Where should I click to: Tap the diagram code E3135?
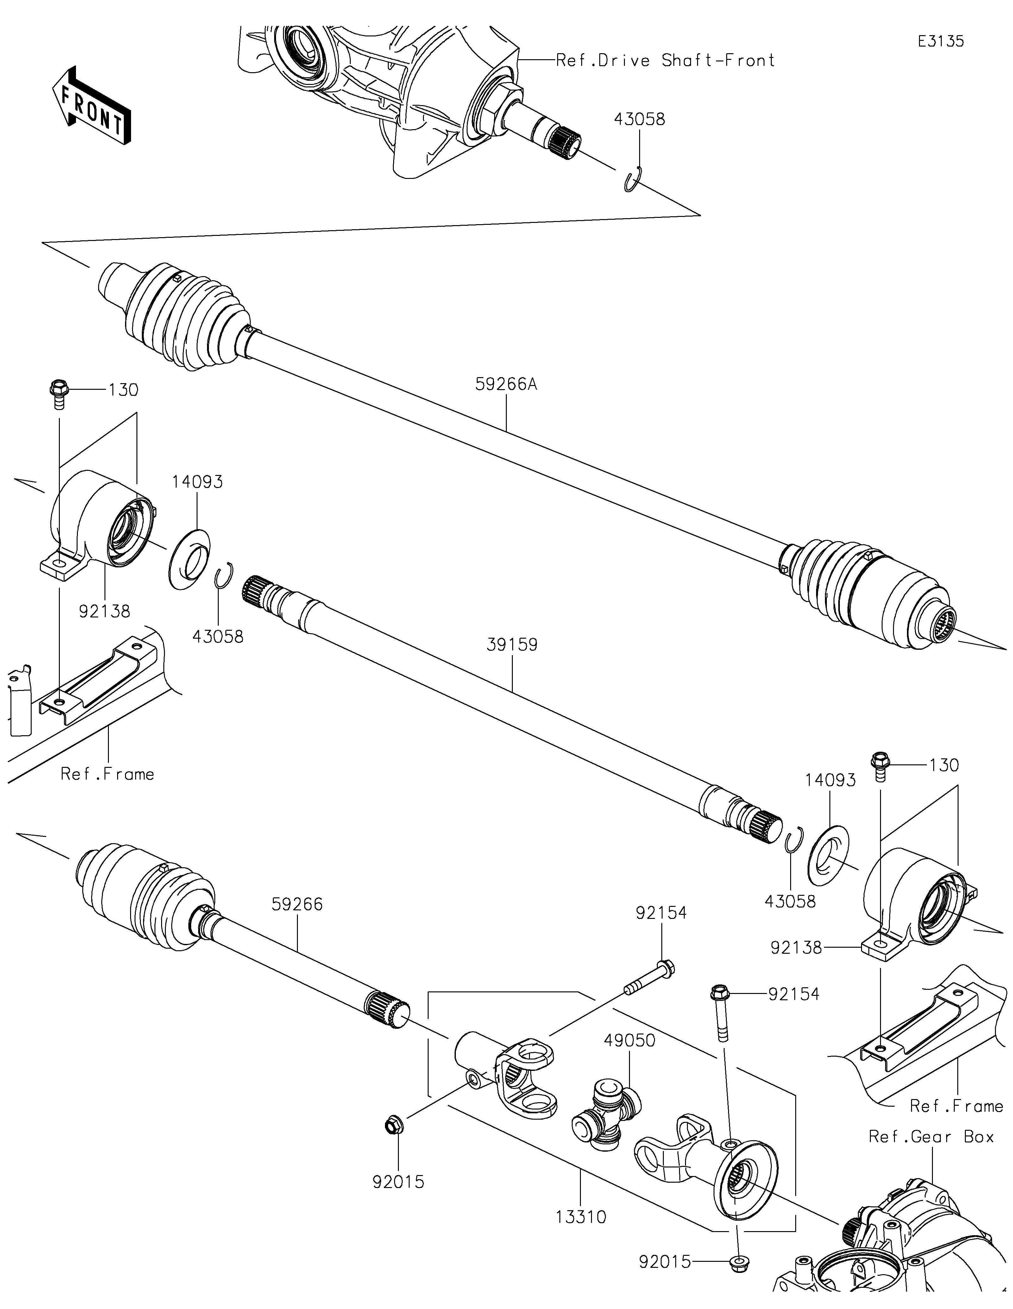(941, 41)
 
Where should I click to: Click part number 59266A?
(506, 384)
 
